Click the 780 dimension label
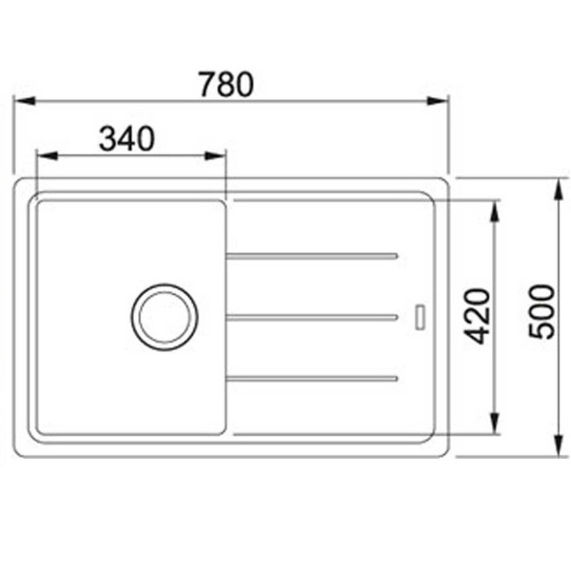pyautogui.click(x=226, y=85)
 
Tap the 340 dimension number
pyautogui.click(x=127, y=138)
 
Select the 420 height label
pyautogui.click(x=478, y=316)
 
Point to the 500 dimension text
pyautogui.click(x=541, y=312)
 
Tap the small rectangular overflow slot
pyautogui.click(x=421, y=318)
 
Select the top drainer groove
pyautogui.click(x=312, y=256)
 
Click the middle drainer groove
pyautogui.click(x=312, y=318)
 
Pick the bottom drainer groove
pyautogui.click(x=312, y=379)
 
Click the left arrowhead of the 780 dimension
pyautogui.click(x=24, y=101)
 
